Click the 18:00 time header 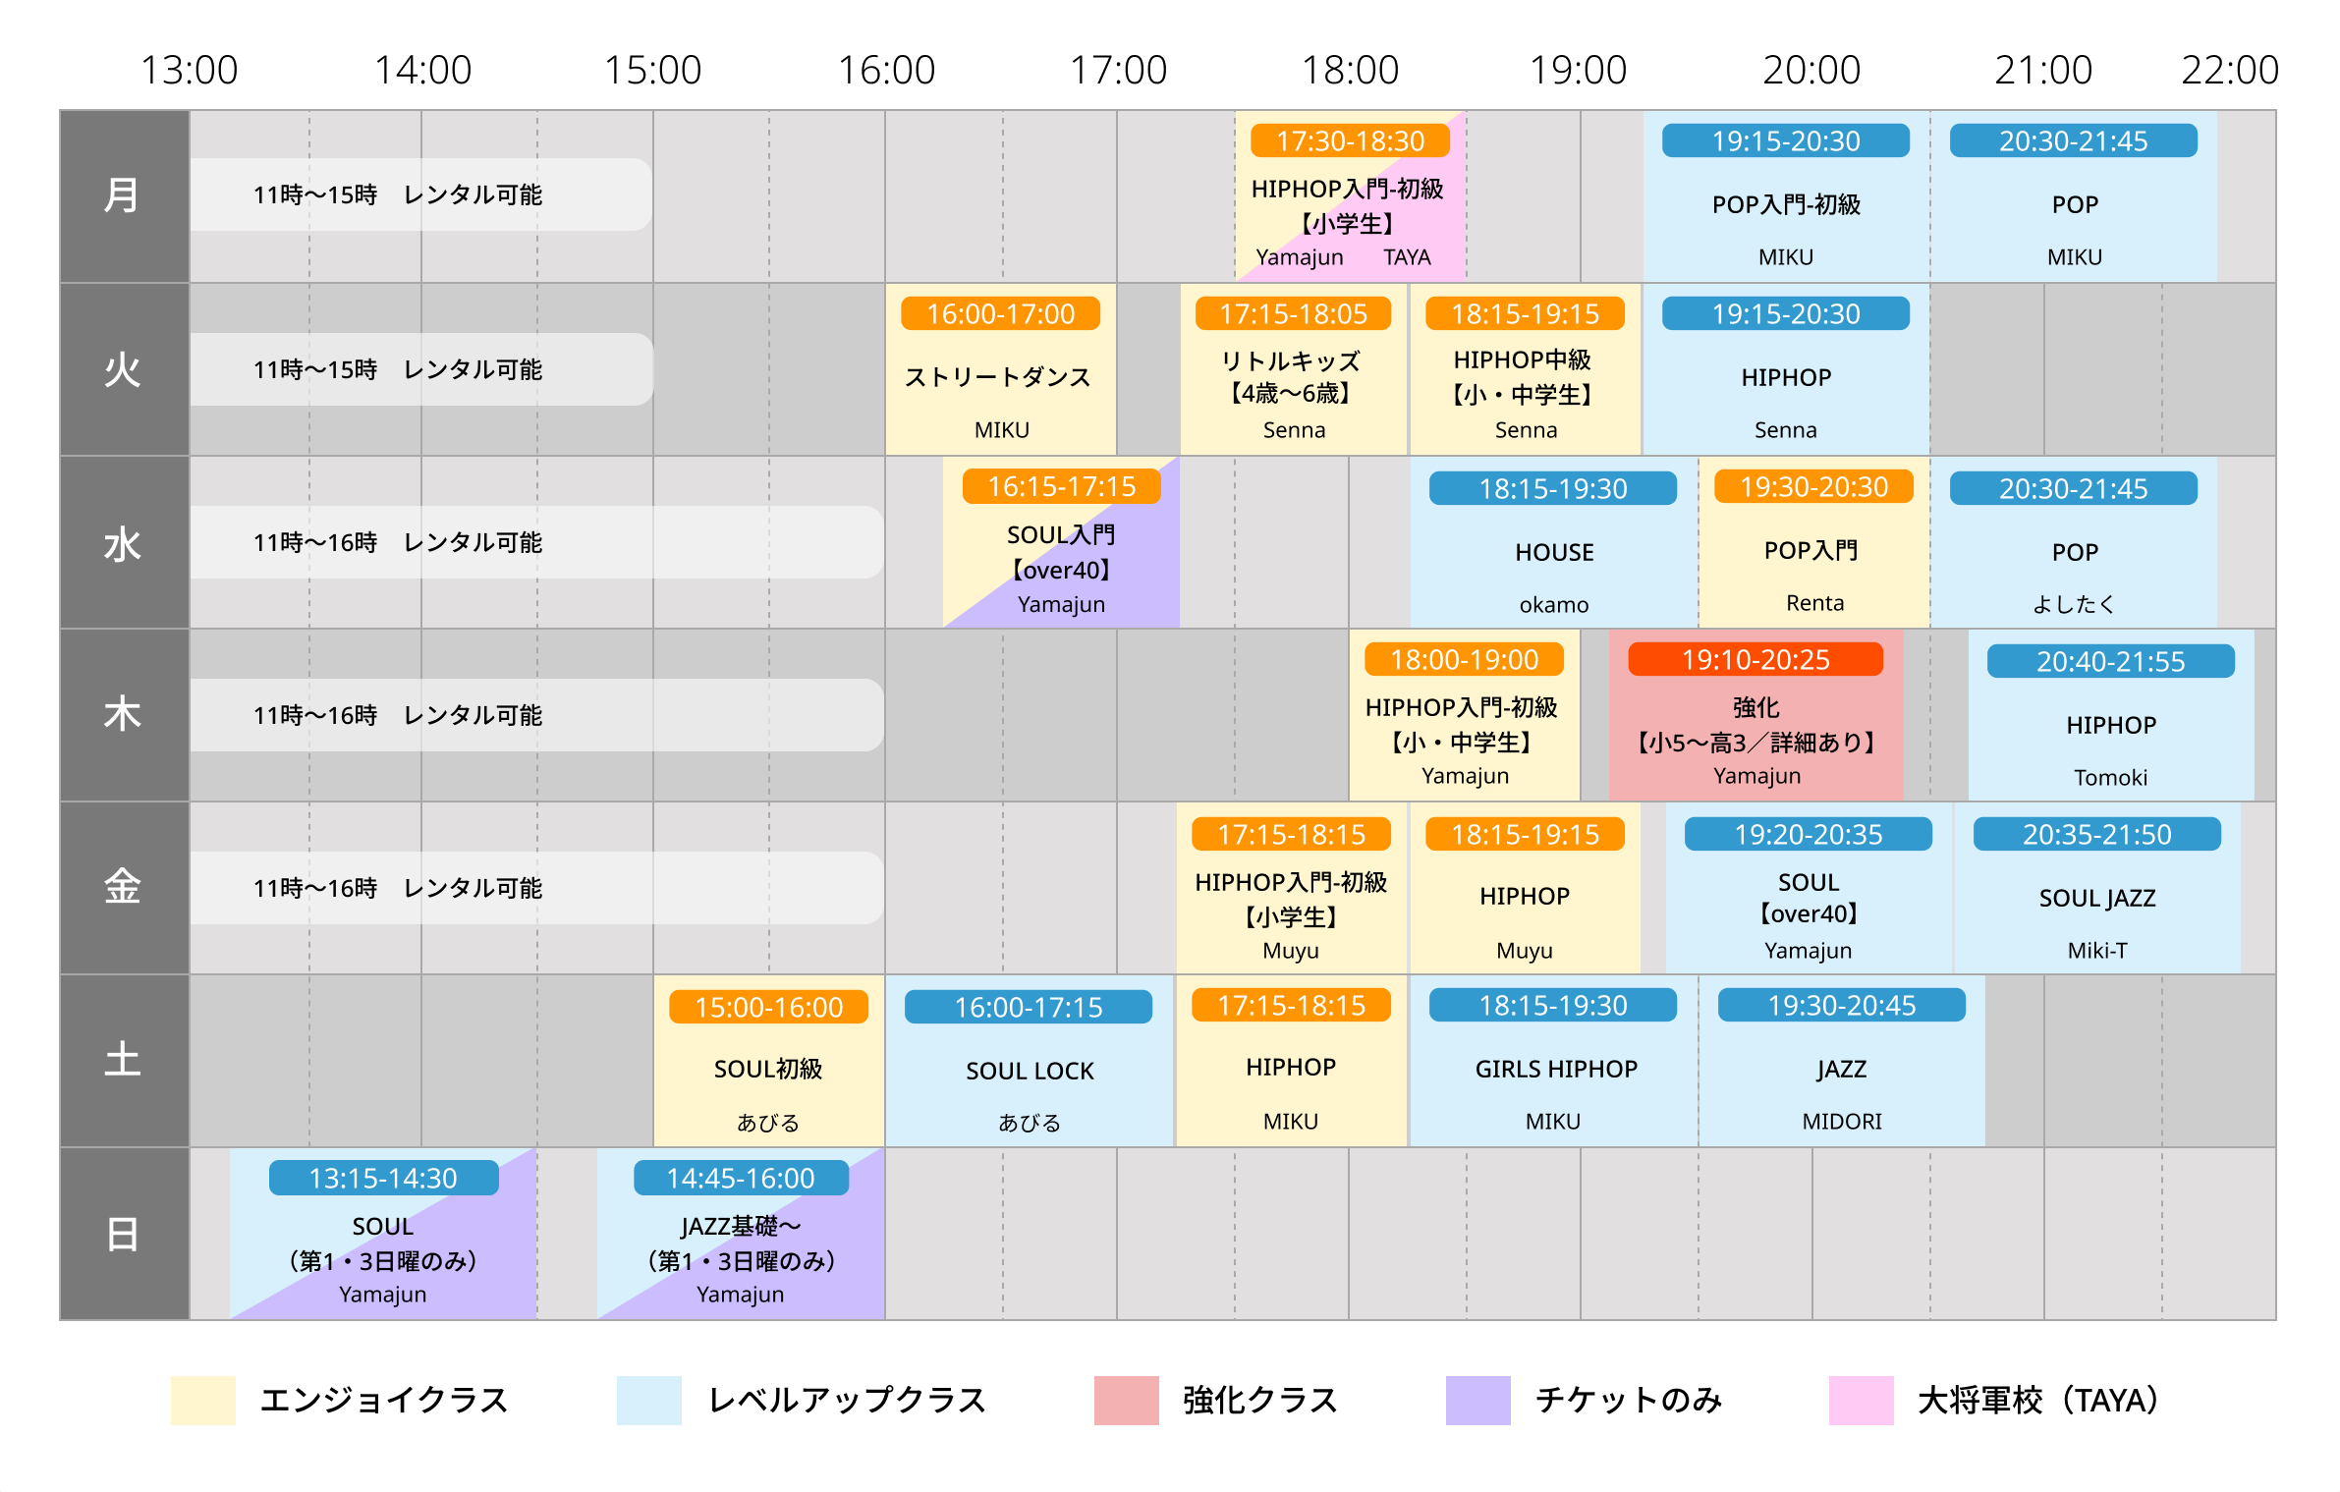[1350, 70]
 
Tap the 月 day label [123, 195]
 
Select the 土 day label [123, 1060]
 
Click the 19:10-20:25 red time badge [1755, 659]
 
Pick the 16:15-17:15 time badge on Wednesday [1061, 486]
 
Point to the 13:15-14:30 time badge [383, 1178]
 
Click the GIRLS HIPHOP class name [1556, 1069]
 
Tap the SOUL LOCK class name [1030, 1071]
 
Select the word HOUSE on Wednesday [1554, 552]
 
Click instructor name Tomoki [2110, 778]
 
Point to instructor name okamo [1553, 605]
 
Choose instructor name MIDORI [1842, 1122]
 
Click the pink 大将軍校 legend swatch [1861, 1400]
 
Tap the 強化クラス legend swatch [1126, 1400]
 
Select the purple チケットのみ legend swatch [1477, 1400]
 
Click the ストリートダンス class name [998, 377]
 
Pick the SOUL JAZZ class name [2097, 898]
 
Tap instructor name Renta [1814, 603]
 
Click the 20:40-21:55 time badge [2110, 661]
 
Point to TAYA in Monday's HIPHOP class [1407, 257]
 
